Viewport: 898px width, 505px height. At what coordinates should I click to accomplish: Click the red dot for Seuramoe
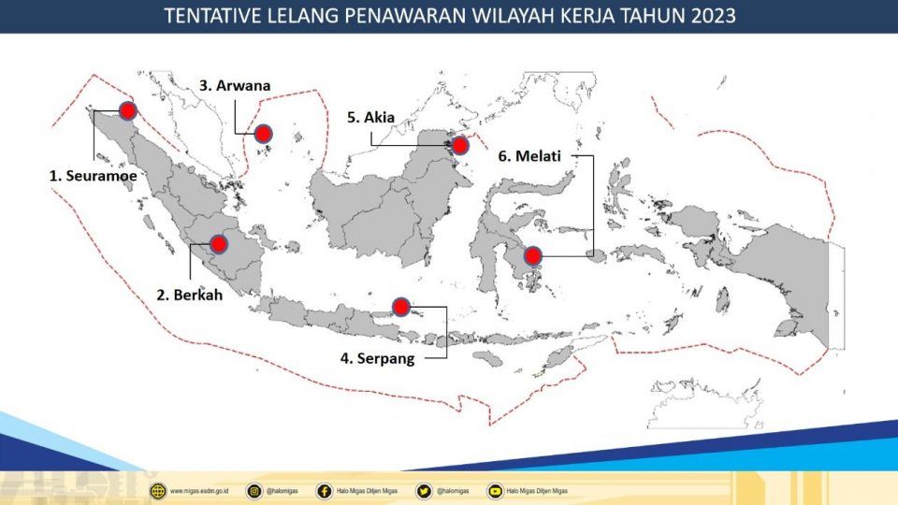(127, 110)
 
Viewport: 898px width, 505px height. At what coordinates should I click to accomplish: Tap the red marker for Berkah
(218, 244)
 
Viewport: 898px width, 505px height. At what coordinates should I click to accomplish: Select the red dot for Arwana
(264, 135)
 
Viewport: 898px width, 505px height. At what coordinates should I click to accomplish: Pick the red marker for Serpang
(400, 306)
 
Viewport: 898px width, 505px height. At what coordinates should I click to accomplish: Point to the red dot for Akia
(459, 145)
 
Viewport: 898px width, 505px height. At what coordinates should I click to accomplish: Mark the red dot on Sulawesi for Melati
(532, 255)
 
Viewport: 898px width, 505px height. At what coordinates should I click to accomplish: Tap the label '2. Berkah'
(190, 295)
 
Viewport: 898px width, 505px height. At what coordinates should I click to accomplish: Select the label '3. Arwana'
(235, 85)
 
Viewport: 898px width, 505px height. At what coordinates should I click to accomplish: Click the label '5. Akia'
(371, 117)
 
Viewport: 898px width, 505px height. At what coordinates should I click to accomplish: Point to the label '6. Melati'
(529, 156)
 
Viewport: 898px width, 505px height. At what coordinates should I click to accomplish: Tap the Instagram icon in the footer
(253, 490)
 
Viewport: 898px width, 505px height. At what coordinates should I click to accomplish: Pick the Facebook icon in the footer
(324, 490)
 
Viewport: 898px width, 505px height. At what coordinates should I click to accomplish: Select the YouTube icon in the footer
(494, 490)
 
